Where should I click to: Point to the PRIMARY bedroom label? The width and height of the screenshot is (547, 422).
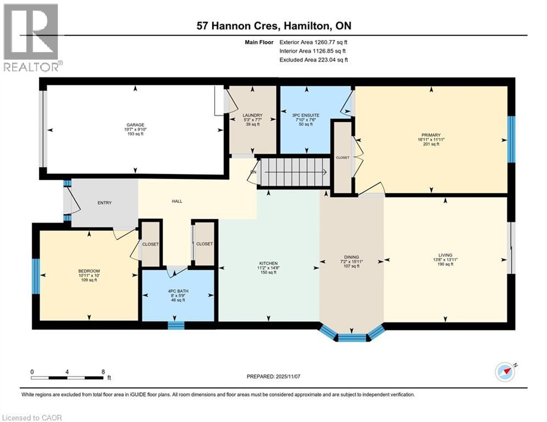(432, 135)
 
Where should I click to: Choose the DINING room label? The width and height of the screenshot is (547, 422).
(351, 257)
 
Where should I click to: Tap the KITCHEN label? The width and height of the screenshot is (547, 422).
(268, 263)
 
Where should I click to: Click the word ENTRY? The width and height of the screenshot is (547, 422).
(104, 203)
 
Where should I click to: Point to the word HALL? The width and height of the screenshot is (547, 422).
(177, 201)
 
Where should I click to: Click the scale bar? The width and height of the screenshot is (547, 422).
(67, 377)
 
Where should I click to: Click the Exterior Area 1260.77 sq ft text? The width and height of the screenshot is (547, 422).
(313, 42)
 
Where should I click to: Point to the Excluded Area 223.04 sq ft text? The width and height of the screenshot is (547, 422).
(313, 60)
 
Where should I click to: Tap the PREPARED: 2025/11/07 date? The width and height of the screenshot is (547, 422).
(273, 376)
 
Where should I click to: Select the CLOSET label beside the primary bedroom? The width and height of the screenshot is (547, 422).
(342, 157)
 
